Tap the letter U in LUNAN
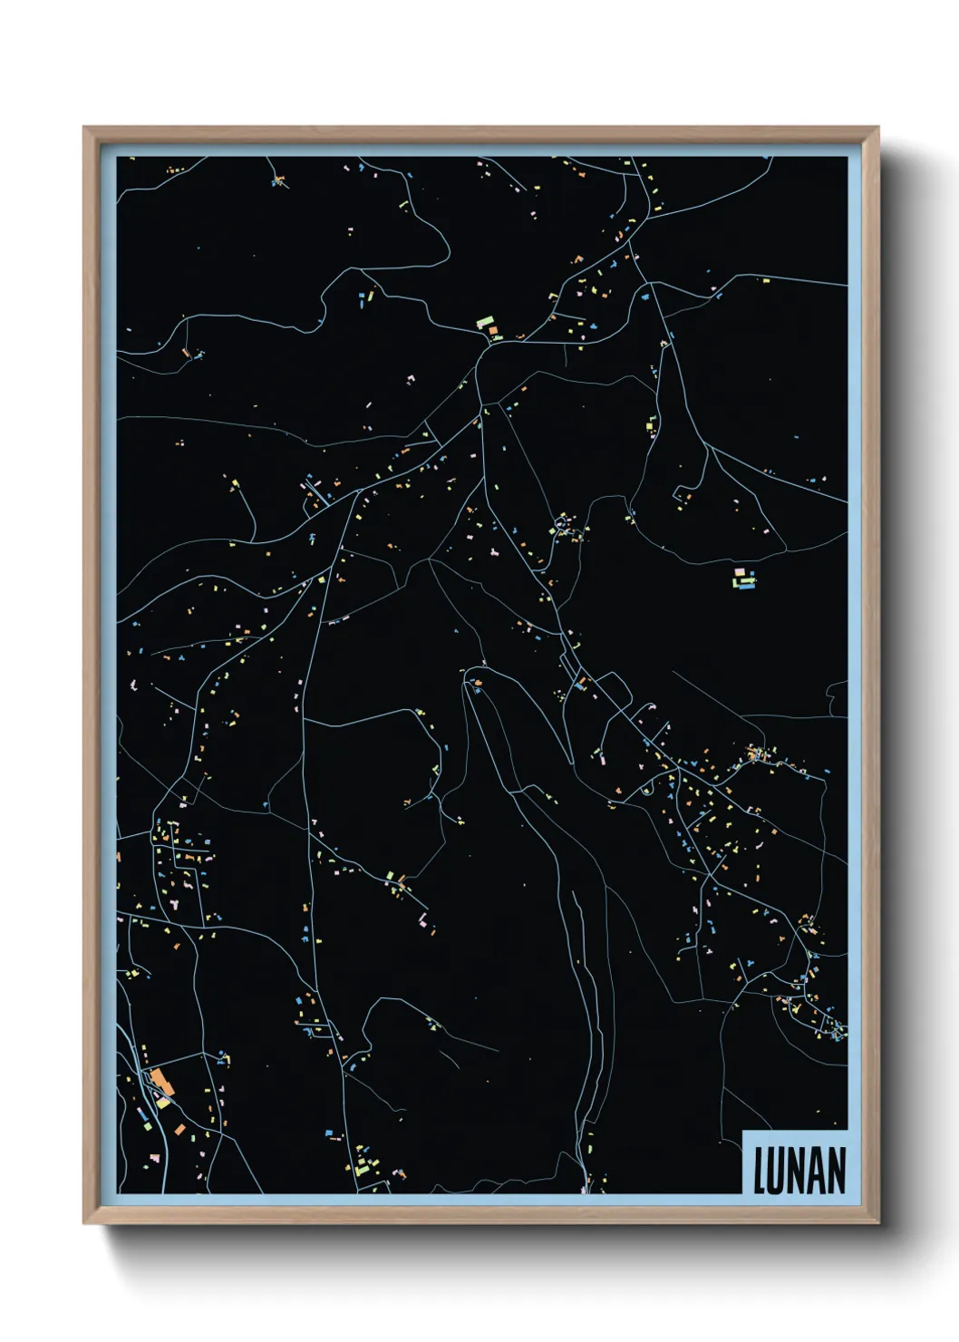point(778,1171)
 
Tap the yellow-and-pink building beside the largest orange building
point(163,1101)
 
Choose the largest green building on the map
point(485,321)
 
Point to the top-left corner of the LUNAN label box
point(742,1131)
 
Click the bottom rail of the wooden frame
point(480,1215)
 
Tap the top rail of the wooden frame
point(480,134)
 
